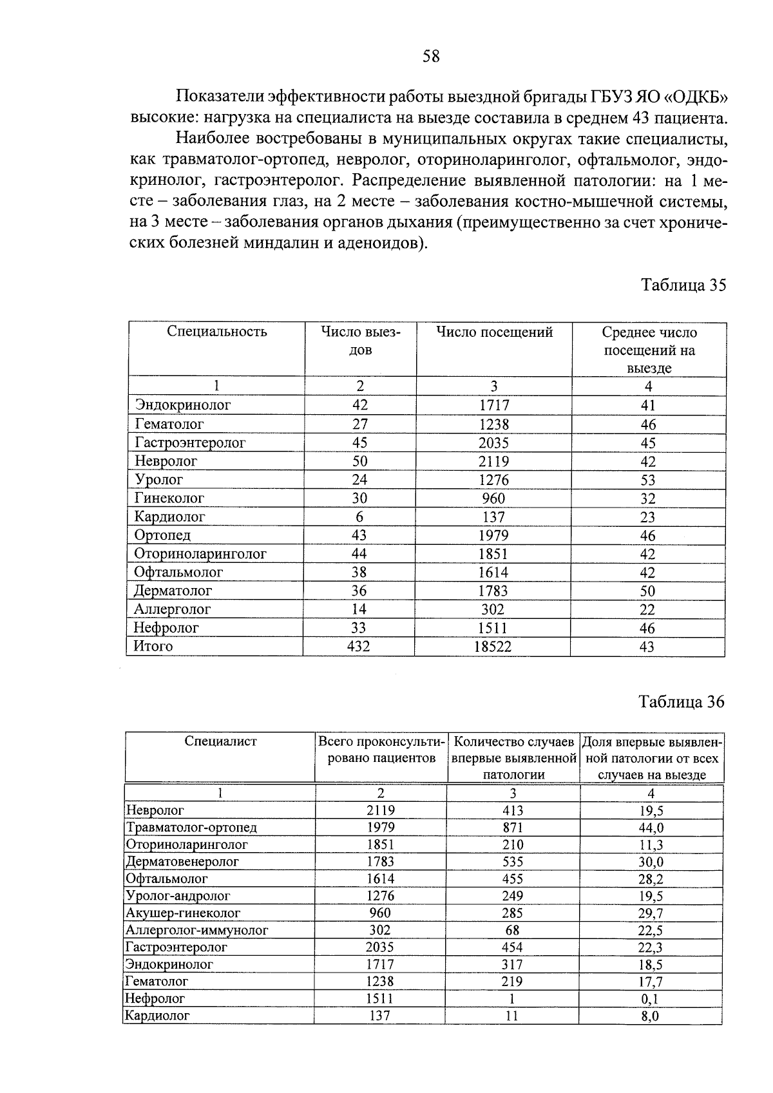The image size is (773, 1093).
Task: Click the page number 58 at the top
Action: [431, 57]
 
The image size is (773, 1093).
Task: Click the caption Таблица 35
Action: [683, 285]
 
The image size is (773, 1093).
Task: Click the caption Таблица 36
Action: [682, 702]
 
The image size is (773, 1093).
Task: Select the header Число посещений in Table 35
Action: [495, 332]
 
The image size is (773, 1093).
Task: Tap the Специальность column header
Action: [216, 332]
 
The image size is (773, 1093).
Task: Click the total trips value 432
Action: [359, 647]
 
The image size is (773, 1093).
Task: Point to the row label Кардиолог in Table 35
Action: [169, 517]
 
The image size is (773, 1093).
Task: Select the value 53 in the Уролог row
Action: [648, 480]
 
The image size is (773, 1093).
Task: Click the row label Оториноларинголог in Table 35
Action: [200, 554]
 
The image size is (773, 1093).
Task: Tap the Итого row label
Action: [153, 646]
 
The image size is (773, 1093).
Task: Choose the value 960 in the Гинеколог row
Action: [493, 499]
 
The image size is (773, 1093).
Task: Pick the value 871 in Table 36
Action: [513, 828]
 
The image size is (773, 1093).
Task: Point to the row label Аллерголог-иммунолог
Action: [196, 930]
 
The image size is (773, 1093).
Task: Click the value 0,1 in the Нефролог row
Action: [651, 1000]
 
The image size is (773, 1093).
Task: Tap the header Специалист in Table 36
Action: [220, 741]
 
